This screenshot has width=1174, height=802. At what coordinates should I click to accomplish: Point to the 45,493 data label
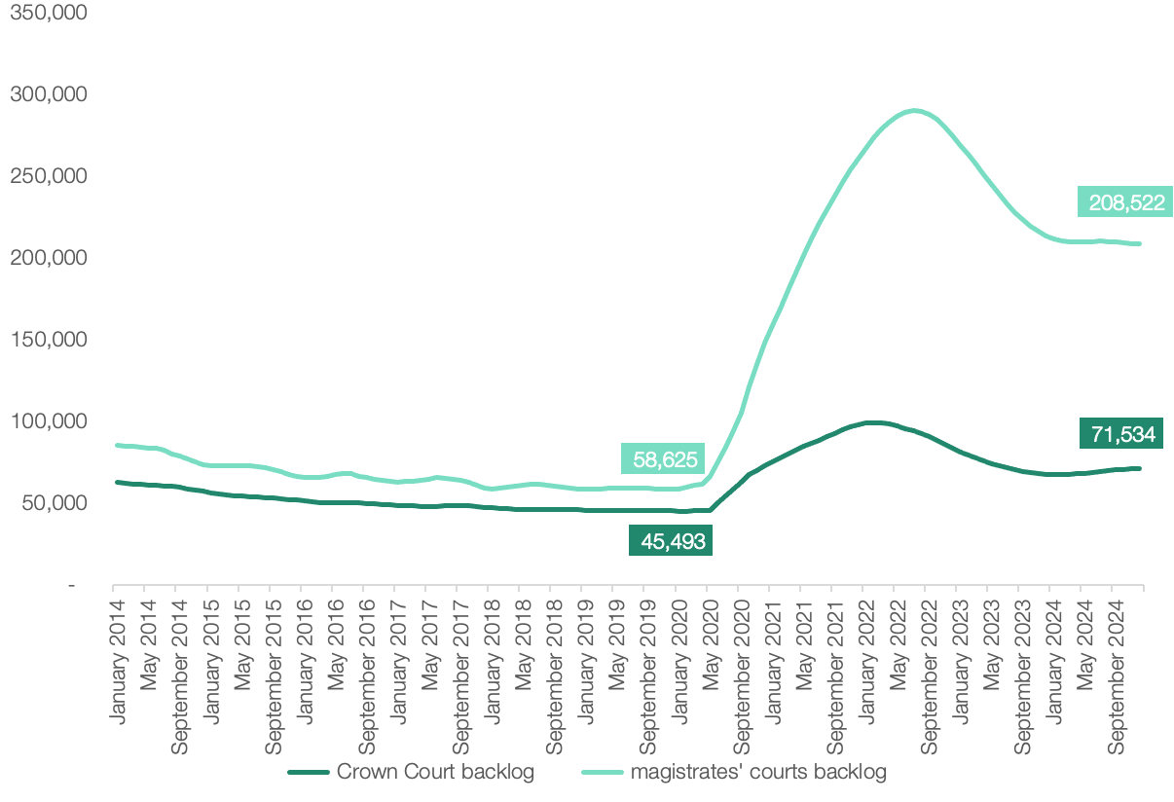671,540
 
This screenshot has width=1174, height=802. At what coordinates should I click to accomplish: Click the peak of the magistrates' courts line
914,110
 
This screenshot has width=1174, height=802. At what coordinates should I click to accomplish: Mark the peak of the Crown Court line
873,421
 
